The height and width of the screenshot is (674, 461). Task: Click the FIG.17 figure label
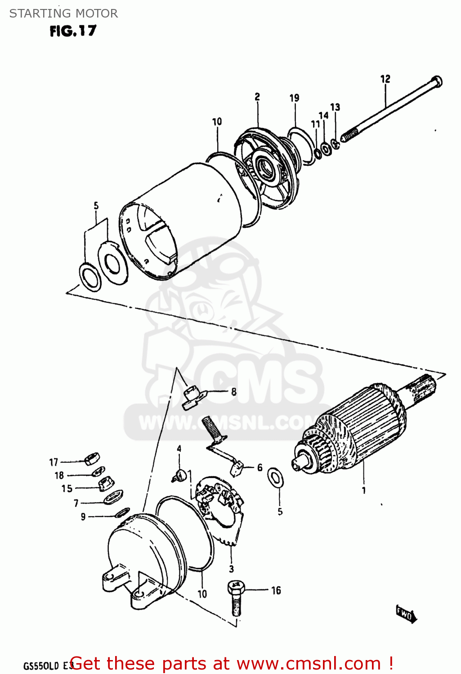pyautogui.click(x=73, y=31)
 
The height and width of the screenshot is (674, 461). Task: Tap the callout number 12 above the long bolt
pyautogui.click(x=385, y=79)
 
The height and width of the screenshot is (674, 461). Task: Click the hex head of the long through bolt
pyautogui.click(x=436, y=82)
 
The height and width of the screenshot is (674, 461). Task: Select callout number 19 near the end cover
pyautogui.click(x=294, y=98)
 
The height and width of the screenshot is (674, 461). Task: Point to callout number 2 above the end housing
pyautogui.click(x=257, y=97)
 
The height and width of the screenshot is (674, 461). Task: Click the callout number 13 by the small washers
pyautogui.click(x=335, y=107)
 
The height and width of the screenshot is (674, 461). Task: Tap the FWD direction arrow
pyautogui.click(x=406, y=614)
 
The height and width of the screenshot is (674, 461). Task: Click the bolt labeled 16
pyautogui.click(x=236, y=598)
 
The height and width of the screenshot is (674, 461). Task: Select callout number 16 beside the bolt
pyautogui.click(x=276, y=590)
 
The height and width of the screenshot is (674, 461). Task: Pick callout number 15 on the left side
pyautogui.click(x=67, y=488)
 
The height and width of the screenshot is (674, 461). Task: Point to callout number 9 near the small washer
pyautogui.click(x=83, y=517)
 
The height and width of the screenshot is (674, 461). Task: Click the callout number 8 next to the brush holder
pyautogui.click(x=234, y=392)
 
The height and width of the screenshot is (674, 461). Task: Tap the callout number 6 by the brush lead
pyautogui.click(x=260, y=468)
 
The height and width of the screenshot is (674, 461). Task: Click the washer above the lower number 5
pyautogui.click(x=275, y=478)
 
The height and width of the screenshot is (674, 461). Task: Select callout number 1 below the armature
pyautogui.click(x=364, y=490)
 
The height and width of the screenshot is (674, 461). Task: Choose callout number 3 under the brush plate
pyautogui.click(x=231, y=569)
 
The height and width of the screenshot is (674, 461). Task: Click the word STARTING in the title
pyautogui.click(x=34, y=13)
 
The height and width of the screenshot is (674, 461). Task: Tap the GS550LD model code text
pyautogui.click(x=41, y=665)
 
